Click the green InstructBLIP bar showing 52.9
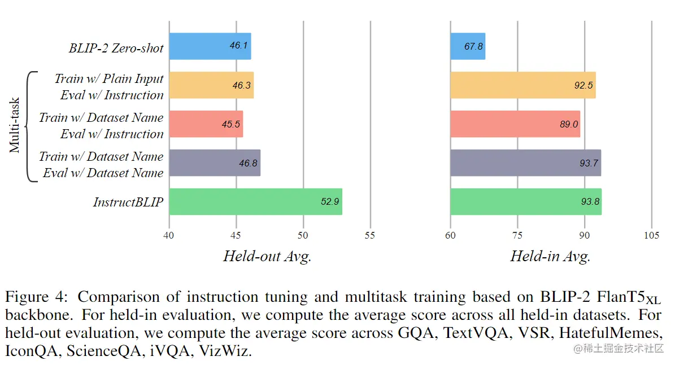coord(255,202)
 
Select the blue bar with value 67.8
coord(467,46)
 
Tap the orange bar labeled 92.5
coord(522,85)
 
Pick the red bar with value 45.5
coord(206,124)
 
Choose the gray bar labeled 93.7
coord(525,163)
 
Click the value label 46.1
coord(239,46)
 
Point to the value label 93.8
coord(589,202)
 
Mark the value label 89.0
coord(568,124)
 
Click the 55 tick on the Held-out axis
coord(370,235)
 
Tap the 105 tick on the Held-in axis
coord(651,235)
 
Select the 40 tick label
coord(169,235)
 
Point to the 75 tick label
coord(517,235)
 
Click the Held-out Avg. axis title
coord(267,257)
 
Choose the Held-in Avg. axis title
coord(550,257)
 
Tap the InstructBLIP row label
coord(128,202)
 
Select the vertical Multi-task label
coord(15,124)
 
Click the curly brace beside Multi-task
coord(31,126)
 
